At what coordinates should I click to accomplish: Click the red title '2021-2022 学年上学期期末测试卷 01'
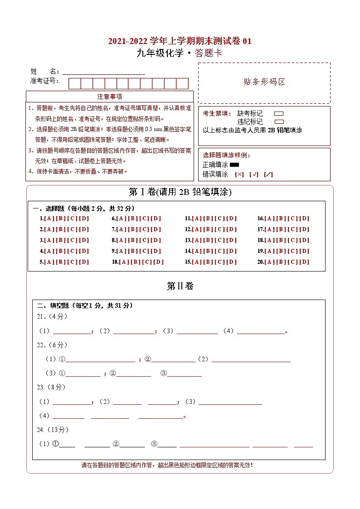coord(180,41)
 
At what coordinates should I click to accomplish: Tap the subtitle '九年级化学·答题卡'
coord(180,53)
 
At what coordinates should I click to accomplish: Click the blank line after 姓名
coord(103,72)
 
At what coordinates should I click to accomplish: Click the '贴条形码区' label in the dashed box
coord(264,82)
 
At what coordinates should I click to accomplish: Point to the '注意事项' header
coord(110,97)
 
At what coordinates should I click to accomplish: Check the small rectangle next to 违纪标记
coord(279,121)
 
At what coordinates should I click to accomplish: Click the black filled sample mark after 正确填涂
coord(234,165)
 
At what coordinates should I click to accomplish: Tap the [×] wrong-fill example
coord(239,175)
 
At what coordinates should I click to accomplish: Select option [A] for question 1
coord(49,218)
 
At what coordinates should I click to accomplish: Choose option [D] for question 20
coord(304,262)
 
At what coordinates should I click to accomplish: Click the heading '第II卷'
coord(180,286)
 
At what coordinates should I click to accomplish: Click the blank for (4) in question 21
coord(260,331)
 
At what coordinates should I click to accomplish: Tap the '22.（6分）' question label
coord(52,345)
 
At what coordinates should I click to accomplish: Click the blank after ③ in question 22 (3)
coord(185,373)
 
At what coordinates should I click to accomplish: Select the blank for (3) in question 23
coord(230,402)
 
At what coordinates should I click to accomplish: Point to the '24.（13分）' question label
coord(53,430)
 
